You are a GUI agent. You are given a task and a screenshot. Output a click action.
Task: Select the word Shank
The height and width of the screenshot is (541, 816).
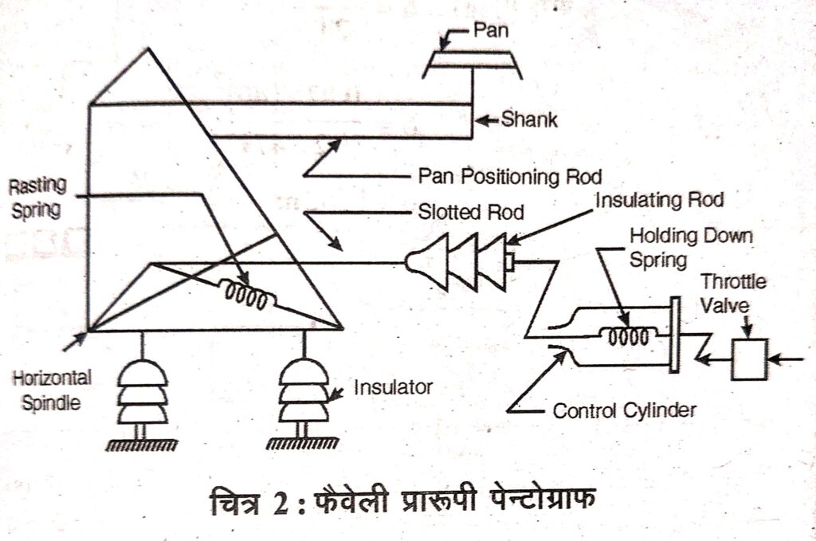coord(530,121)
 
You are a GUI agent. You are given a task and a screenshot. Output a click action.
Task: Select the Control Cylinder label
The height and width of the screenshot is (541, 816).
coord(625,411)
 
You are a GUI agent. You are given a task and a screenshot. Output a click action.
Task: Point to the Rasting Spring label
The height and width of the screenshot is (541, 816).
coord(37,196)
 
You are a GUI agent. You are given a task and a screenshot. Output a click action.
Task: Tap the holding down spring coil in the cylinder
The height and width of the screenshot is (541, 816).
coord(628,337)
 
